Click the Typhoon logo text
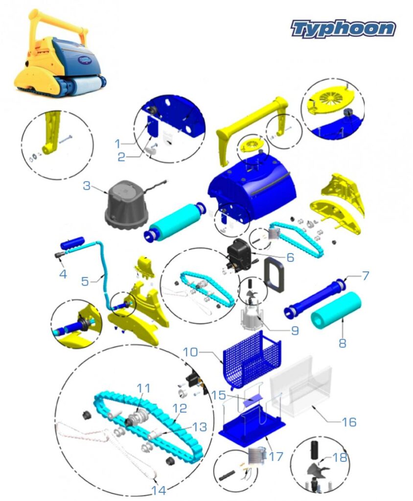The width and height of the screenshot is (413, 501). [x=343, y=29]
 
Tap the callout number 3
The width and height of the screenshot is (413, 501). [x=87, y=185]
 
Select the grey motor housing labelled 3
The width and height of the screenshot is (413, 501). [x=127, y=203]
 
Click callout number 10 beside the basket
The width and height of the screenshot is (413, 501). [x=190, y=352]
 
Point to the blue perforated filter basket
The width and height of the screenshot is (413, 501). [x=252, y=359]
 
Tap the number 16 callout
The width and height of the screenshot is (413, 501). [x=349, y=422]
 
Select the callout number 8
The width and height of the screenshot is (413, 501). [x=343, y=343]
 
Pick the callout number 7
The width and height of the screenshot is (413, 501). [x=365, y=275]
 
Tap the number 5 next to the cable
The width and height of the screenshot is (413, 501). [x=85, y=281]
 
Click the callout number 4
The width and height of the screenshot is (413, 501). [x=63, y=274]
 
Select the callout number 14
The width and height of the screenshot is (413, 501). [x=159, y=490]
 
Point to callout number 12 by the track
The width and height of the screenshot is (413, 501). [x=180, y=408]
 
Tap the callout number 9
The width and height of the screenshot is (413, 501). [x=295, y=330]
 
